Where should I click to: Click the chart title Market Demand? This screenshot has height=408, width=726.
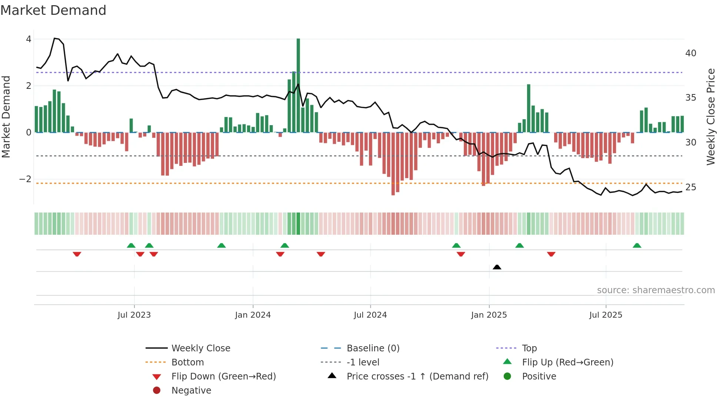(53, 10)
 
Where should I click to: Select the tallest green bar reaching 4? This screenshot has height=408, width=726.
(298, 85)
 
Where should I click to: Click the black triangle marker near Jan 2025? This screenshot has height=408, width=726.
(497, 267)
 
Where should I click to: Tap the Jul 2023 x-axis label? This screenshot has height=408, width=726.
(134, 315)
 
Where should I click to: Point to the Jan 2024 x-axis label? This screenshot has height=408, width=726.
(253, 315)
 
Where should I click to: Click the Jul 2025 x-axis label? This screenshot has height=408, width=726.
(606, 315)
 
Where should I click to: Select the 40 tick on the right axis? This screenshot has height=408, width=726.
(691, 53)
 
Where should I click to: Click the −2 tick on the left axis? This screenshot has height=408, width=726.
(26, 179)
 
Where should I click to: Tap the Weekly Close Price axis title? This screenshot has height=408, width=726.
(710, 117)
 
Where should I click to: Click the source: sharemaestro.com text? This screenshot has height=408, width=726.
(656, 290)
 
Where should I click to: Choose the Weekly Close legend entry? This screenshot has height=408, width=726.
(200, 348)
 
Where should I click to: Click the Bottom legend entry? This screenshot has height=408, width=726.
(187, 362)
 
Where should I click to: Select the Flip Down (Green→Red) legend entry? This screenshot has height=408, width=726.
(223, 377)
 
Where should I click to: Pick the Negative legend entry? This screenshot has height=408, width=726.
(191, 391)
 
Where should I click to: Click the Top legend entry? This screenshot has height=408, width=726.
(529, 348)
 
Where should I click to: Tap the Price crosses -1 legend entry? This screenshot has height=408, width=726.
(417, 377)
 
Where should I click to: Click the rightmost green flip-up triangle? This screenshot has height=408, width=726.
(637, 245)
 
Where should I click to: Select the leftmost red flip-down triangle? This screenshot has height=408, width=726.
(77, 254)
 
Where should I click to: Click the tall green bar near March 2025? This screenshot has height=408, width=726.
(529, 108)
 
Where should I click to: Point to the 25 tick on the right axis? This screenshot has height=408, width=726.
(691, 187)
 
